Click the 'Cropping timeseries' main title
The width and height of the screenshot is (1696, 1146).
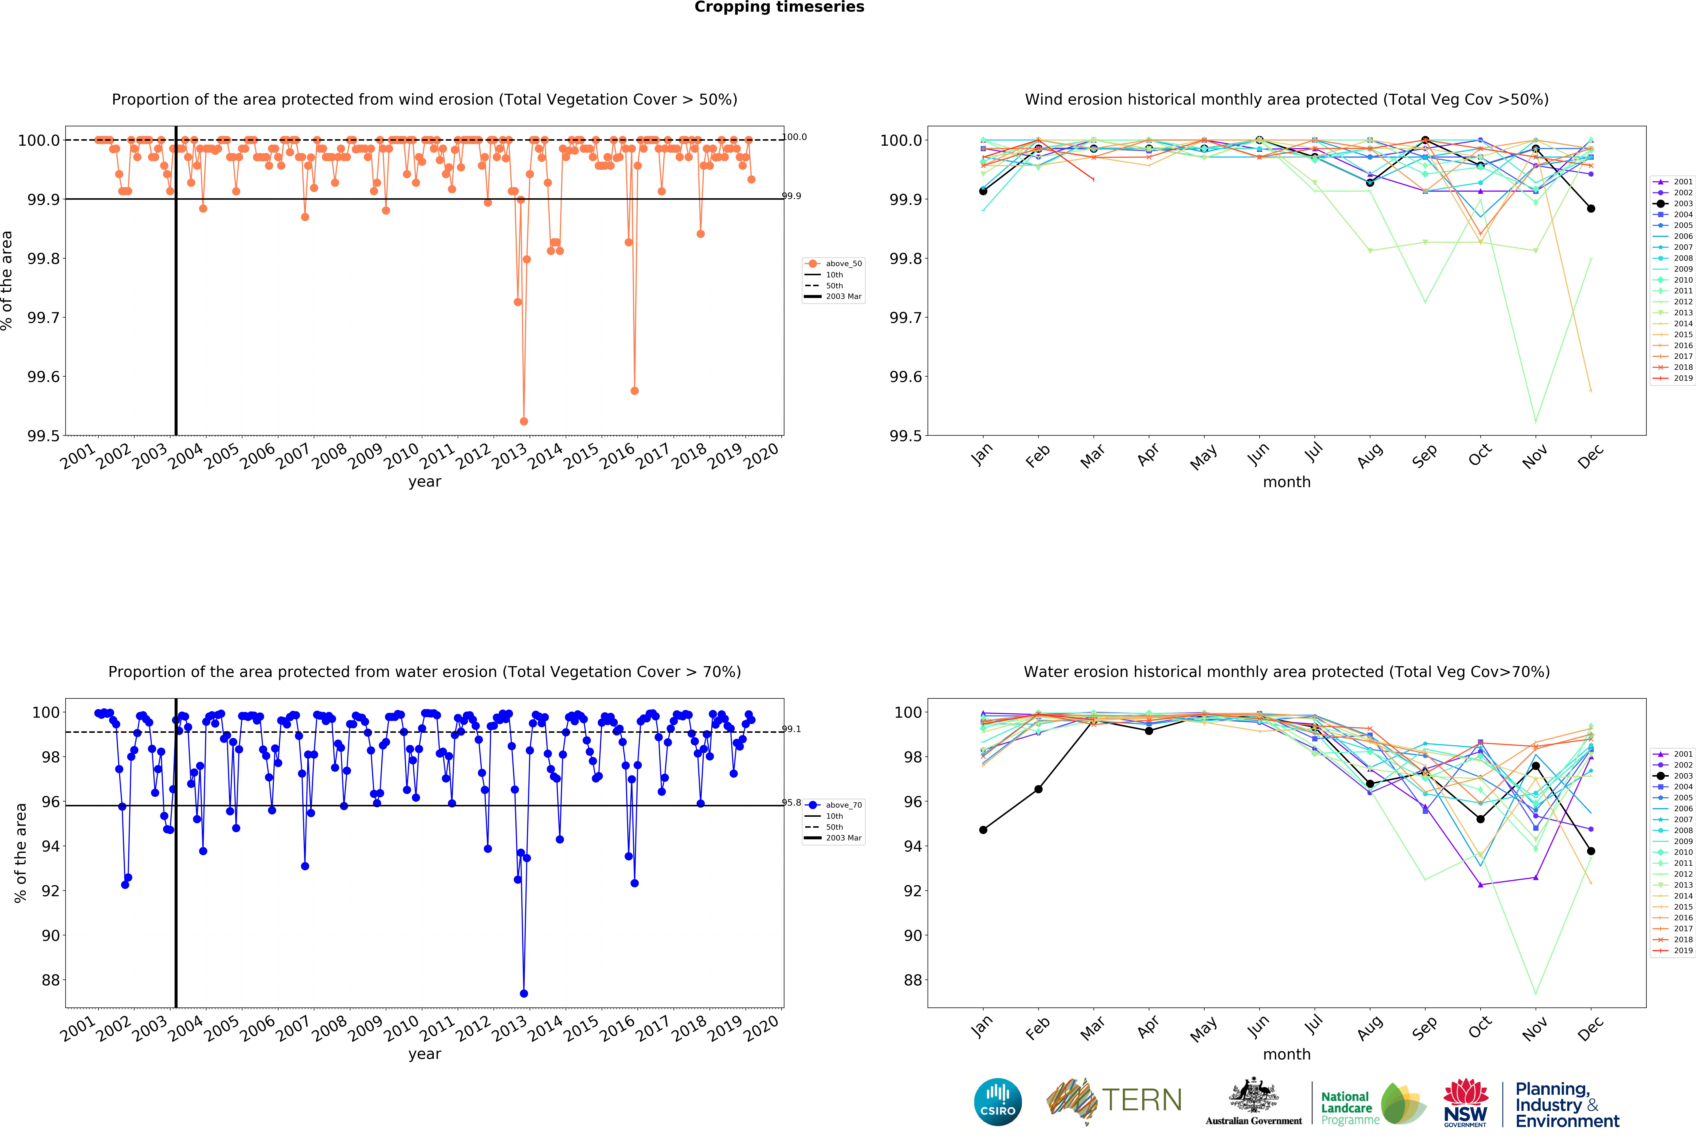click(779, 7)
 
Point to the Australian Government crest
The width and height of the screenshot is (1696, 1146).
click(1253, 1095)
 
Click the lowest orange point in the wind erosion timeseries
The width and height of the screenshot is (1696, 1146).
click(523, 421)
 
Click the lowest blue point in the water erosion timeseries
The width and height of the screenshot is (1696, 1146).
click(523, 993)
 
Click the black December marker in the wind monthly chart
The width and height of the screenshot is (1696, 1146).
click(1591, 209)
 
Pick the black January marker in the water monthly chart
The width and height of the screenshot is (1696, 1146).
click(983, 830)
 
